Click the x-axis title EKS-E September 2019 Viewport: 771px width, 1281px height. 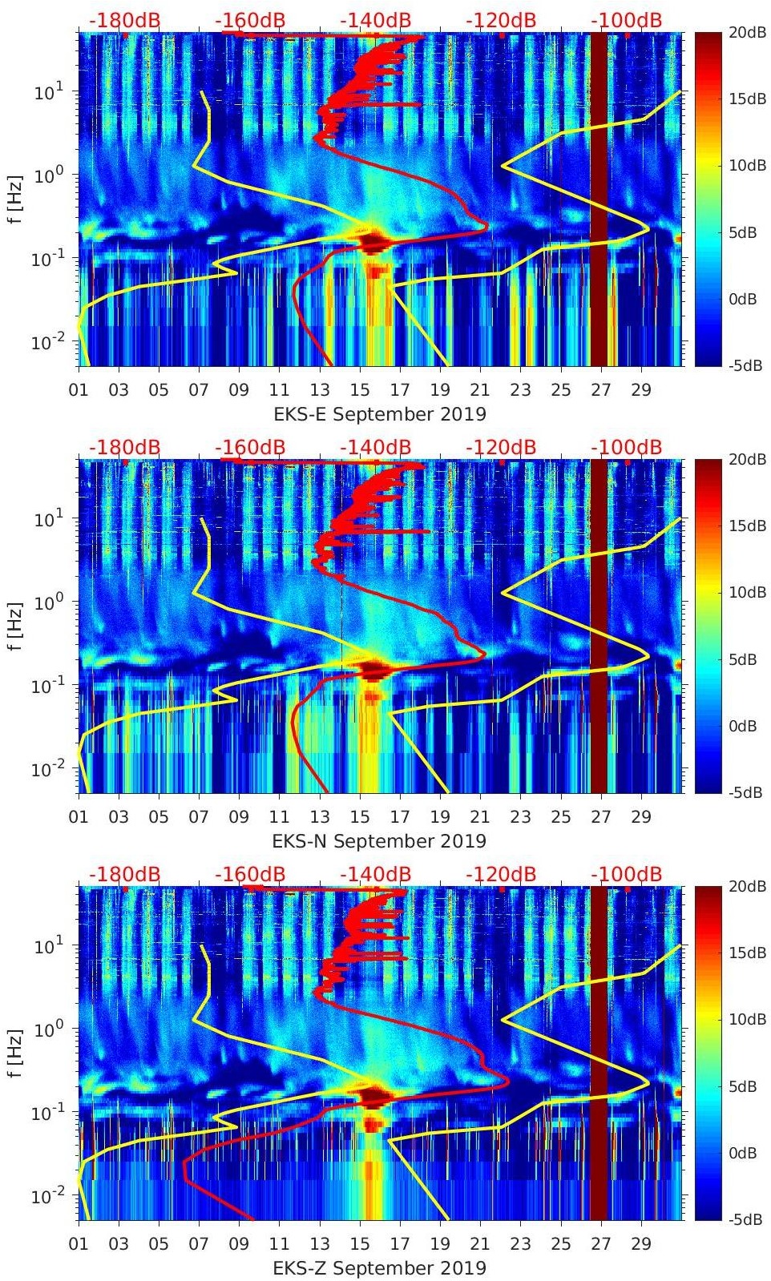pyautogui.click(x=379, y=414)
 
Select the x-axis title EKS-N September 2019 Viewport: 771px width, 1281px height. pyautogui.click(x=379, y=841)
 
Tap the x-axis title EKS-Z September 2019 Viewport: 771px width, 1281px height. pyautogui.click(x=379, y=1268)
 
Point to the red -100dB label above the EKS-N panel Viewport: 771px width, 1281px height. pyautogui.click(x=627, y=447)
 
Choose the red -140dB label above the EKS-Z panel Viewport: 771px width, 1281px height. pyautogui.click(x=375, y=874)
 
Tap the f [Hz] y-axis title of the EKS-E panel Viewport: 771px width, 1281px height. pyautogui.click(x=15, y=199)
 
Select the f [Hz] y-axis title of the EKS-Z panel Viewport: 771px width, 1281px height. pyautogui.click(x=15, y=1053)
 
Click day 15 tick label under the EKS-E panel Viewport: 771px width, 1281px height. pyautogui.click(x=360, y=390)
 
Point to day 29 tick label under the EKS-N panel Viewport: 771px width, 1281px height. pyautogui.click(x=640, y=817)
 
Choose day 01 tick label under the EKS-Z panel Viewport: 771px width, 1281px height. pyautogui.click(x=79, y=1244)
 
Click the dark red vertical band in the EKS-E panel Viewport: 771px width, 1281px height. pyautogui.click(x=599, y=200)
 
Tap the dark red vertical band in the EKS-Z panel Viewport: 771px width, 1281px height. pyautogui.click(x=599, y=1053)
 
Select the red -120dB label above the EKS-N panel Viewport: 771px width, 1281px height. pyautogui.click(x=501, y=447)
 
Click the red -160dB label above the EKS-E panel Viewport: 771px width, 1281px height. pyautogui.click(x=250, y=20)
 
